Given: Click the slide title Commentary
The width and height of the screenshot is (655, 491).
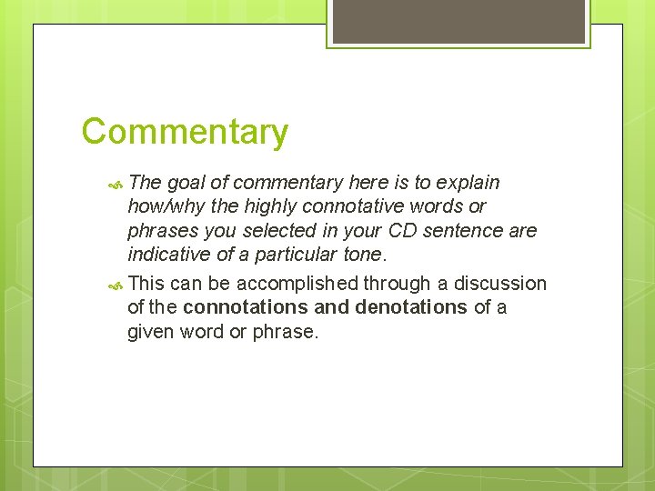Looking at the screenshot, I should [x=185, y=132].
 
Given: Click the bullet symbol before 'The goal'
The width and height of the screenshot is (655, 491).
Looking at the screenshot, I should [x=115, y=183].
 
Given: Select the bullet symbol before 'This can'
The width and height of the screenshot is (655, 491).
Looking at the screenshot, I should [x=115, y=285].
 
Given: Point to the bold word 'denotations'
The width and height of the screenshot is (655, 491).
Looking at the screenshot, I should [x=410, y=307].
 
